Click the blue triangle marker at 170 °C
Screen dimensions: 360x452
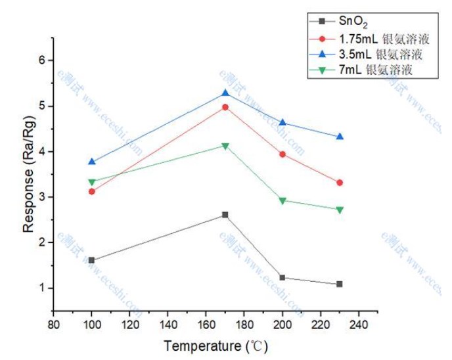(225, 93)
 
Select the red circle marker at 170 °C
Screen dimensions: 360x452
(225, 106)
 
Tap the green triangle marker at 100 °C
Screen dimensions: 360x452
(92, 182)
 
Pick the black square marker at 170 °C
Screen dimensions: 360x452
(225, 215)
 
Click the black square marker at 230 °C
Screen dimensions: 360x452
(340, 284)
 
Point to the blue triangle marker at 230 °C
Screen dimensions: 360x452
(340, 136)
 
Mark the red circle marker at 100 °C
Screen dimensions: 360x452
(92, 191)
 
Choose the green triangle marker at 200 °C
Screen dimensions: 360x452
(282, 200)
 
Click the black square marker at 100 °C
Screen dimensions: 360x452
(92, 260)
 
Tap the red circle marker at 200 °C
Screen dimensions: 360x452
(282, 154)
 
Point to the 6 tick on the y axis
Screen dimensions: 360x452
(43, 60)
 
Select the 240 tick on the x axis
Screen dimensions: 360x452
(359, 325)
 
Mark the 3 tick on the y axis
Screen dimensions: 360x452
(43, 197)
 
